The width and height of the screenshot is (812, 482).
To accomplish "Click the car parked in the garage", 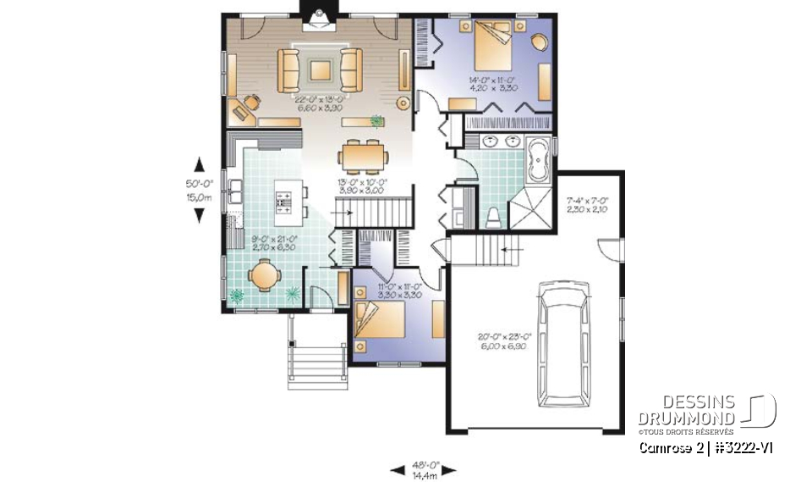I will pyautogui.click(x=566, y=346).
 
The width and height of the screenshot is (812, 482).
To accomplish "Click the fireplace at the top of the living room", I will pyautogui.click(x=319, y=18).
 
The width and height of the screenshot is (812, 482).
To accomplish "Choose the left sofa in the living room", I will pyautogui.click(x=289, y=70).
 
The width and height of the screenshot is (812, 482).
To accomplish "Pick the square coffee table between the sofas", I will pyautogui.click(x=320, y=70).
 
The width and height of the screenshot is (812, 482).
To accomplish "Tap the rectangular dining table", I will pyautogui.click(x=365, y=156).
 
